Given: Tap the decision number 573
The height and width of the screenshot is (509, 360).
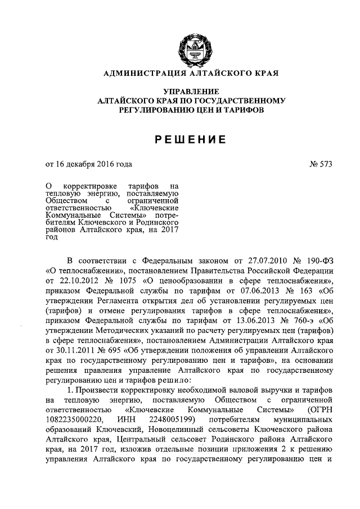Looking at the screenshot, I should click(x=326, y=165).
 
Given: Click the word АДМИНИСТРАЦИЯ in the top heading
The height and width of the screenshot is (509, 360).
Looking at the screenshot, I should click(x=142, y=73).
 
